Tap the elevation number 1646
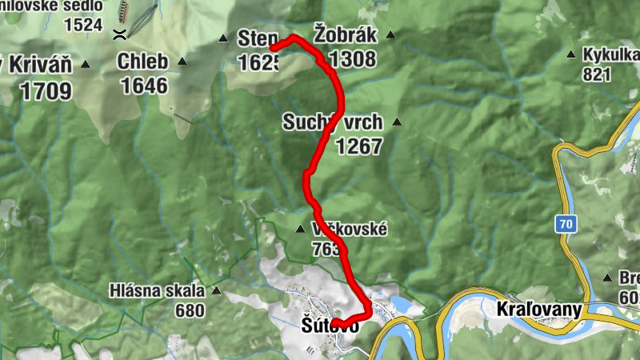145,86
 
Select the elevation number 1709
46,90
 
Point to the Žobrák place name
344,35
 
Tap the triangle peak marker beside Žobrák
390,34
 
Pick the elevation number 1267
359,146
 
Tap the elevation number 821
597,75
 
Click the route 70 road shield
566,225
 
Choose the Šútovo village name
329,326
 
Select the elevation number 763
329,249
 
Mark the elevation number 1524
84,24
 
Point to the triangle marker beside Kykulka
570,55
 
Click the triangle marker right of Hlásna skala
214,292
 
